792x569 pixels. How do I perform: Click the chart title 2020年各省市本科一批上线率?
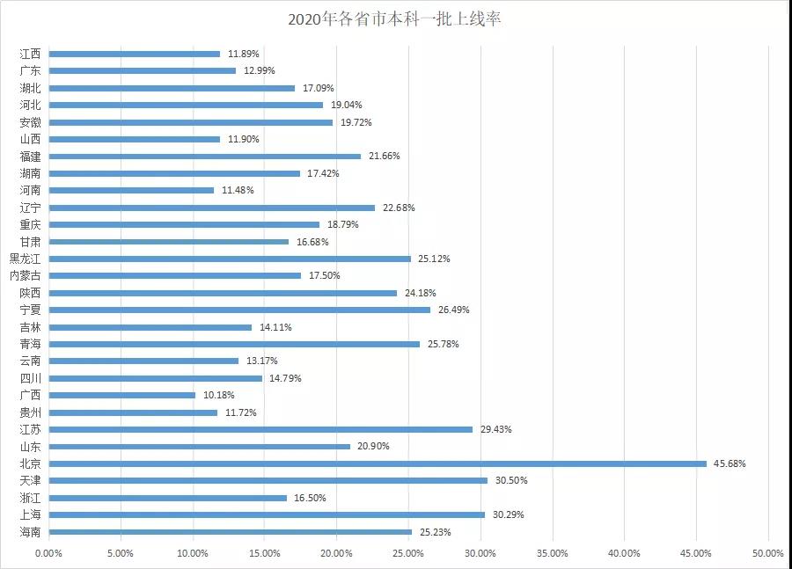pos(395,18)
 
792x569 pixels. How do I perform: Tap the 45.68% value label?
pos(730,463)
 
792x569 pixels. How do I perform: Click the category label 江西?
pos(31,54)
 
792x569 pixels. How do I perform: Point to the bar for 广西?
pos(121,395)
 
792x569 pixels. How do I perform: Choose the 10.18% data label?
pos(217,396)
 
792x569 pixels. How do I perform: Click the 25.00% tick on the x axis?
pos(408,553)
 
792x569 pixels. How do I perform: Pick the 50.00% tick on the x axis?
pos(768,553)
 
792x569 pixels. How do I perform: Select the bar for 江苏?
pos(260,429)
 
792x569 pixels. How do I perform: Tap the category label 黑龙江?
pos(26,259)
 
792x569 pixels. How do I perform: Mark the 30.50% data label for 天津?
pos(509,481)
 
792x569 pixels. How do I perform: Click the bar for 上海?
pos(267,514)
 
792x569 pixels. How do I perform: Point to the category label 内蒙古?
pos(26,275)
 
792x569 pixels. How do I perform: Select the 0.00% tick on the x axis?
pos(48,553)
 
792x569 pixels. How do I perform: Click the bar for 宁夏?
pos(239,310)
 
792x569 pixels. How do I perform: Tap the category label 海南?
pos(31,532)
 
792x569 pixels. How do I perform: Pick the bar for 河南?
pos(131,190)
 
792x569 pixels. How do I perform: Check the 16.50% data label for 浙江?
pos(309,498)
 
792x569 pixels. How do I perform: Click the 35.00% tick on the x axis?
pos(553,553)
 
